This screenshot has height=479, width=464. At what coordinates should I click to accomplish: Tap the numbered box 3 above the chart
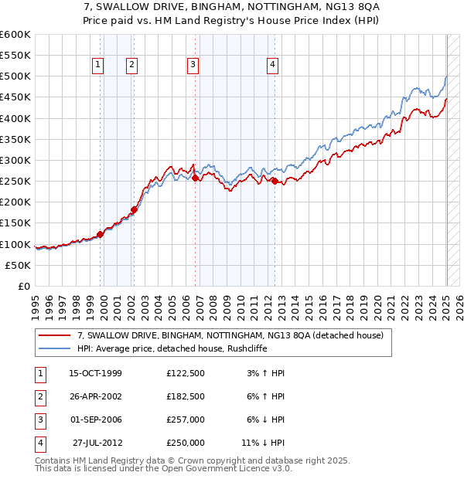(193, 66)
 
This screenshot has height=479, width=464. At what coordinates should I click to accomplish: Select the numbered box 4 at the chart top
(273, 66)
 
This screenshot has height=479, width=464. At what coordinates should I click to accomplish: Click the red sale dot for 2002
(134, 209)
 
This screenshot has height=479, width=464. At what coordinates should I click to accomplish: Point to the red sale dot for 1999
(100, 234)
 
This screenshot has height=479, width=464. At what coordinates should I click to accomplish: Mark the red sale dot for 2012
(275, 181)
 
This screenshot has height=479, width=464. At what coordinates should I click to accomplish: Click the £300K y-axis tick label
(15, 160)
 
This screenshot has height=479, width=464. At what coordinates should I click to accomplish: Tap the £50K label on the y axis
(19, 265)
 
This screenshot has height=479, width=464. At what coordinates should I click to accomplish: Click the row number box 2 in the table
(39, 396)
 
